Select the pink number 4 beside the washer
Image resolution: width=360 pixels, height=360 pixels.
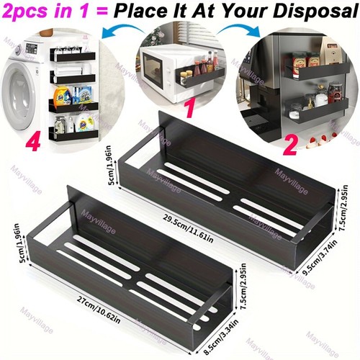coord(33,141)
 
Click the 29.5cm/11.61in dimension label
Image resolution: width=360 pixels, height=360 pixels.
coord(189,228)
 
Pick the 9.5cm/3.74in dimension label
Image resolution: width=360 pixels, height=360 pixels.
coord(320,257)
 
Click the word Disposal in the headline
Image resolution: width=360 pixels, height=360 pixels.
coord(315,11)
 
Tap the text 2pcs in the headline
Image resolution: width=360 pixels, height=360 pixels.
coord(25,11)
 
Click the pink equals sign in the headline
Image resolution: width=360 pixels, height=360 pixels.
coord(102,11)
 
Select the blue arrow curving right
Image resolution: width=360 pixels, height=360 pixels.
coord(240,31)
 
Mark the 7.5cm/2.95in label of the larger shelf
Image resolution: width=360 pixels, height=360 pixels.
coord(343,208)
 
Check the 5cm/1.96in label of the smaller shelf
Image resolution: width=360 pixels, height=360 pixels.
coord(24,243)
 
